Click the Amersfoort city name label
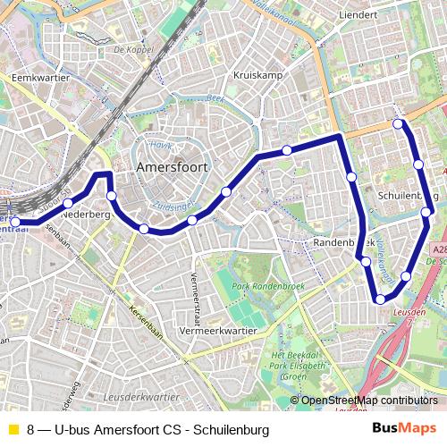click(x=173, y=167)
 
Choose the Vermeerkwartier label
click(x=219, y=331)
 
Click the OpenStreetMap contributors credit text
click(x=369, y=401)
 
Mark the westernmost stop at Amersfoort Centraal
click(x=14, y=221)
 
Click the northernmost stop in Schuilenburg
click(x=399, y=123)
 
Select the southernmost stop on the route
click(x=381, y=299)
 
